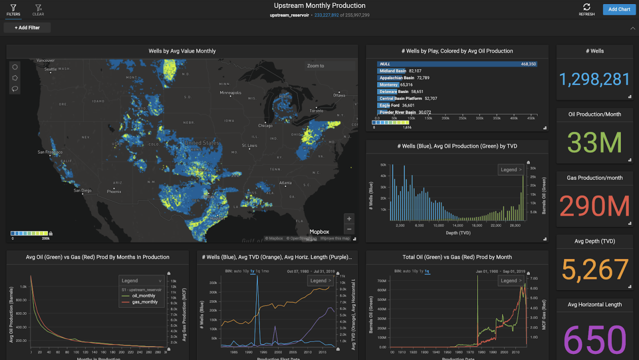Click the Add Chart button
619,9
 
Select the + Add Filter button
27,27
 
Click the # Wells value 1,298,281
594,79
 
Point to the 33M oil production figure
594,142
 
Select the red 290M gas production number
594,206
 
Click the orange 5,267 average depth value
594,270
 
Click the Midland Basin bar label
393,71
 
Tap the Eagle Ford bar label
389,105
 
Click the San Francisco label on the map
49,152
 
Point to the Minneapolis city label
230,93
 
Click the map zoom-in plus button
349,218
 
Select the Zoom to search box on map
329,66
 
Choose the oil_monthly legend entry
143,295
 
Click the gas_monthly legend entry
144,302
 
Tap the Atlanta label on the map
285,182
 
